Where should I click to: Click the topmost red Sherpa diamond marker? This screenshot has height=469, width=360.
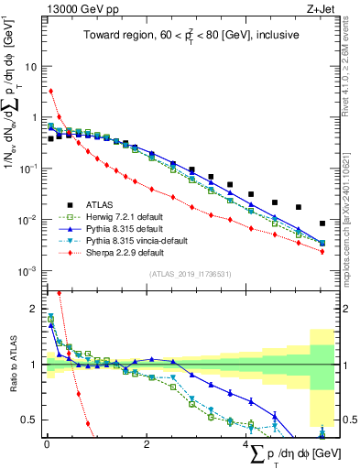pyautogui.click(x=51, y=91)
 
